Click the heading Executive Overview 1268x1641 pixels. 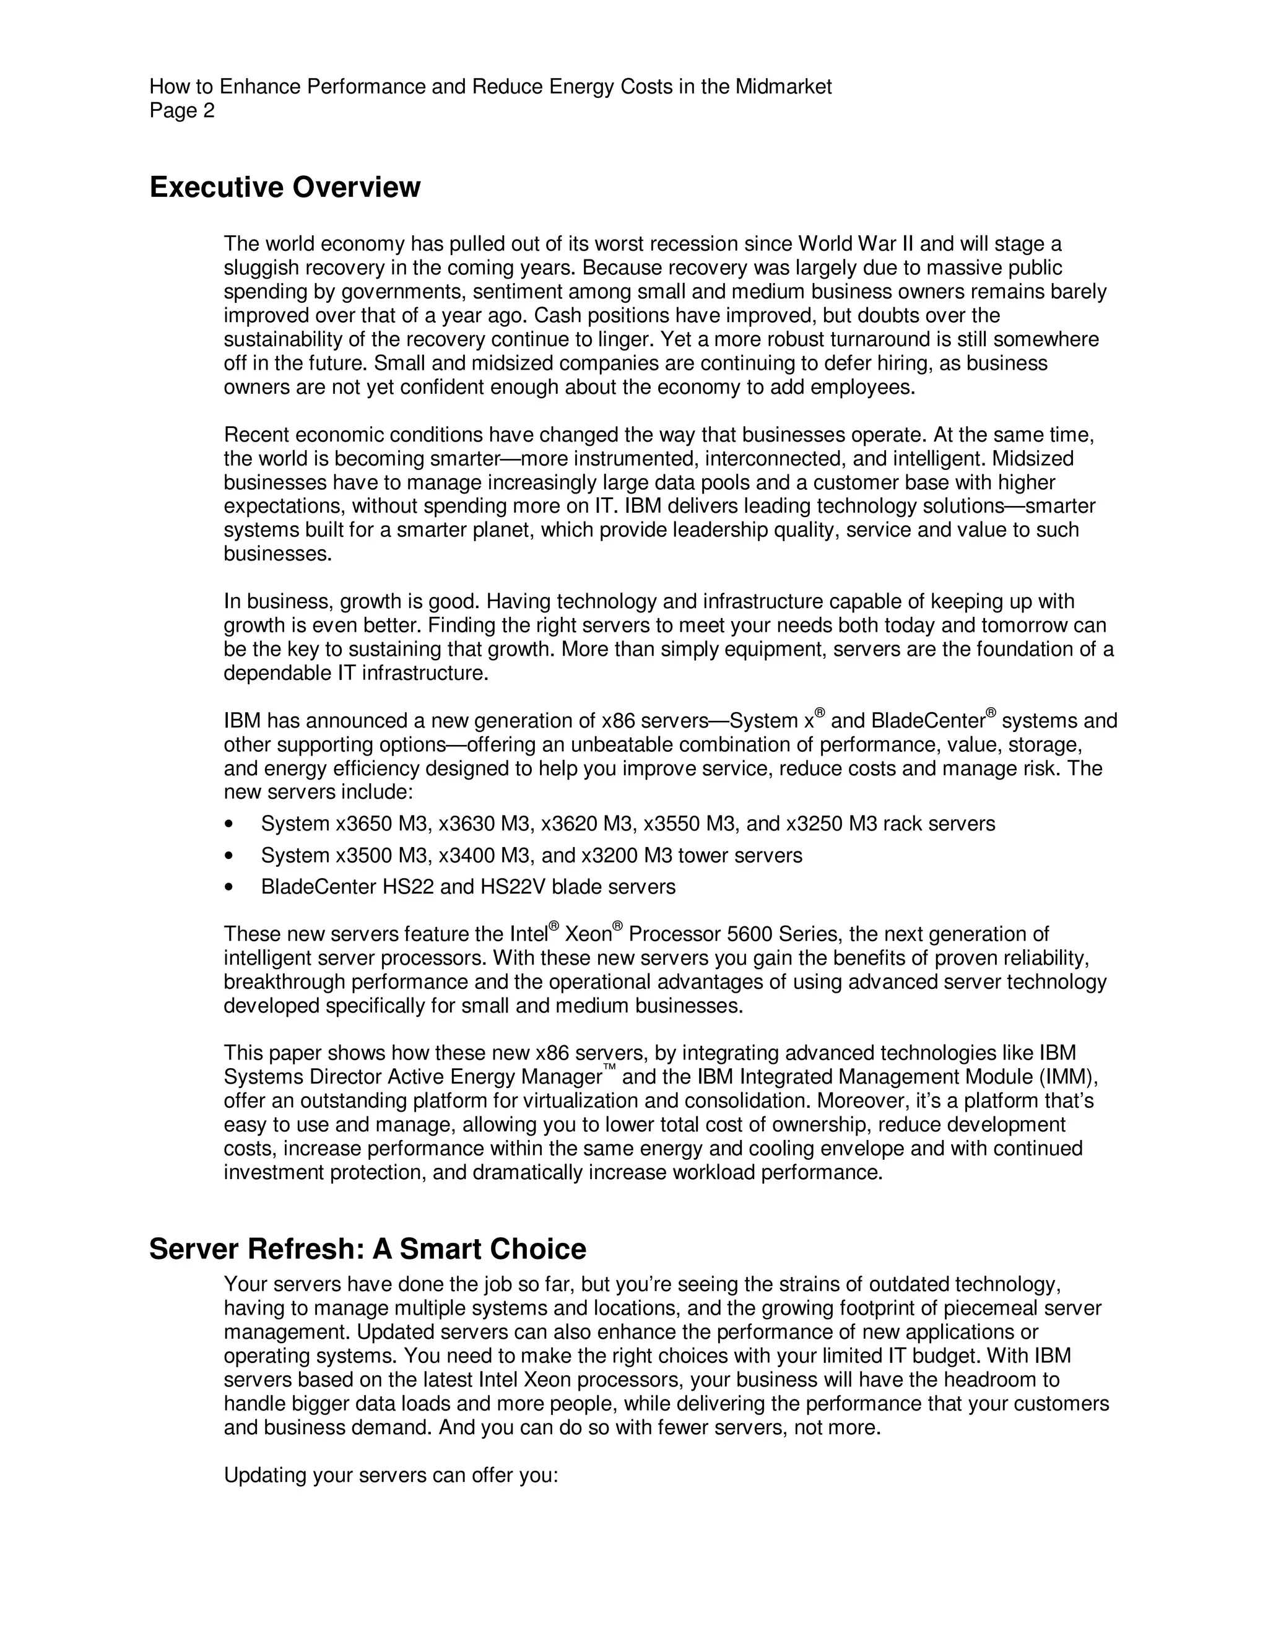[x=285, y=187]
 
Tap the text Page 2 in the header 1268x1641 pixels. [x=182, y=111]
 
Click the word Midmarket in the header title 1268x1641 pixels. [x=783, y=87]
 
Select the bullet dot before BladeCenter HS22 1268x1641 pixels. [x=228, y=887]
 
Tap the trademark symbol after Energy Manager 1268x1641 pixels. [x=609, y=1068]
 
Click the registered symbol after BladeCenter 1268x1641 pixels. [x=991, y=712]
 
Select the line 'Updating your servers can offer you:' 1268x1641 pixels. [x=391, y=1476]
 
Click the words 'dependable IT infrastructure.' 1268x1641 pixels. [x=356, y=673]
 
